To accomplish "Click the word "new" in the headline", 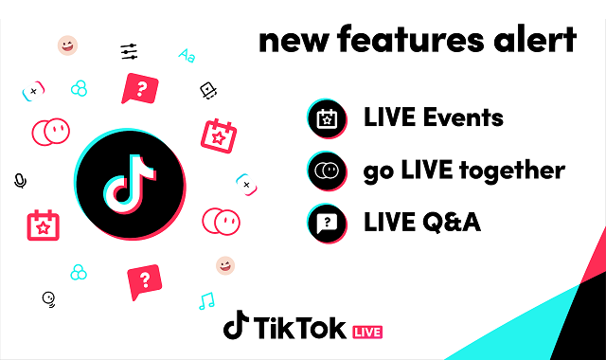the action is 294,41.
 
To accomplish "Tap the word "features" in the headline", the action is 410,39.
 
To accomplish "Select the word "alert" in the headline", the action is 535,39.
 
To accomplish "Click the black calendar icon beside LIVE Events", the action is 327,118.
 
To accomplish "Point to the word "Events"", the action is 463,117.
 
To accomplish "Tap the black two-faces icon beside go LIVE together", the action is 327,171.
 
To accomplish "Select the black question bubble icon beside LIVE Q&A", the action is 327,224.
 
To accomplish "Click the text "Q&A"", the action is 452,223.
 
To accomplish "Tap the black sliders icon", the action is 129,52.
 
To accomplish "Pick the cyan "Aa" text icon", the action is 187,56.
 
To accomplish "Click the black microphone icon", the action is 20,181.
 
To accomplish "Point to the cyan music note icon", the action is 206,301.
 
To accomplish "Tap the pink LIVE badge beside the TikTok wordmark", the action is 367,333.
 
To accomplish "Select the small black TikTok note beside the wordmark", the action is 236,325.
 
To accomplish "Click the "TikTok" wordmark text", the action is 300,328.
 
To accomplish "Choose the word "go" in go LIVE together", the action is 379,172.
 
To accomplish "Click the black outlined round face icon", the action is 48,299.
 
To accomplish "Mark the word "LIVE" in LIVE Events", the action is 389,117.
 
